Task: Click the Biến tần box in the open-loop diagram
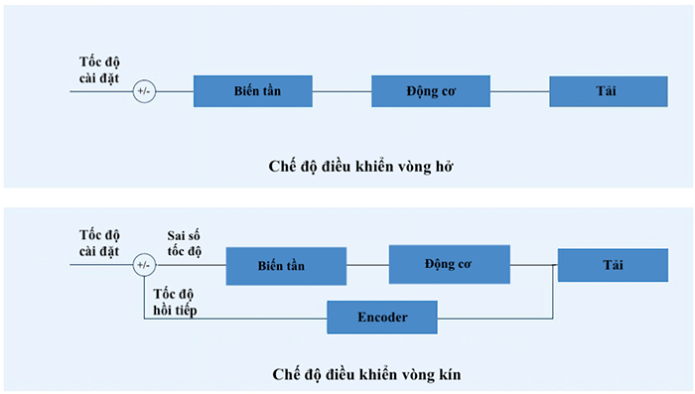point(252,91)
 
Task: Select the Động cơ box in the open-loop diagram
point(430,91)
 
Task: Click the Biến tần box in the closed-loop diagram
point(286,265)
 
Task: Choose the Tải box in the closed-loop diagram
point(612,265)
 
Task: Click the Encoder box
point(383,317)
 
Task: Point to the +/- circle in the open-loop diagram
point(144,91)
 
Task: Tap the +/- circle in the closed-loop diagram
point(144,265)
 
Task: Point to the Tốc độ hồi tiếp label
point(176,302)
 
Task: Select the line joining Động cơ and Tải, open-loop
point(519,91)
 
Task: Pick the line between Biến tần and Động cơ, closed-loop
point(367,265)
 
